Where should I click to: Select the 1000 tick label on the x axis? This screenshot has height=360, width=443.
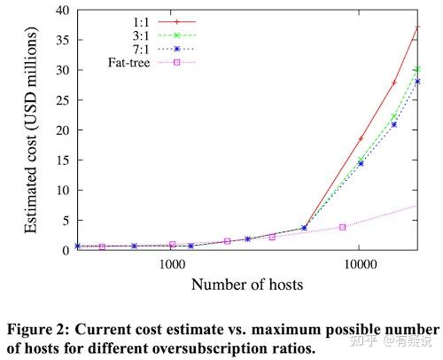coord(171,264)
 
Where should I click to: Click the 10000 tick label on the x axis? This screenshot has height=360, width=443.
coord(360,264)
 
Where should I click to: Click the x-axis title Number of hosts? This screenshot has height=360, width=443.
coord(247,285)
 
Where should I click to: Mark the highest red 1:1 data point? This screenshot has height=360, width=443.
coord(417,27)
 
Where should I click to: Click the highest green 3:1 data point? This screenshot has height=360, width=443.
coord(417,69)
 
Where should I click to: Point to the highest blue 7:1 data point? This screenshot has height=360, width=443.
coord(417,82)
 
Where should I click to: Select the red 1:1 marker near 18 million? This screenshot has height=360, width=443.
coord(361,139)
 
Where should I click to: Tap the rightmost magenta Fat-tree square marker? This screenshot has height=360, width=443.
coord(342,227)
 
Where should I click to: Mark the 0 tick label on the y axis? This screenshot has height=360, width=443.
coord(67,250)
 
